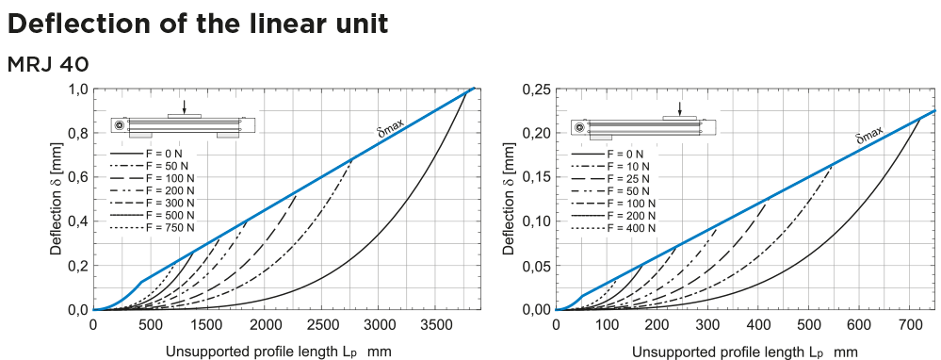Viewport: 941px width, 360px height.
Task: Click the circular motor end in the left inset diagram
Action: [119, 126]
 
